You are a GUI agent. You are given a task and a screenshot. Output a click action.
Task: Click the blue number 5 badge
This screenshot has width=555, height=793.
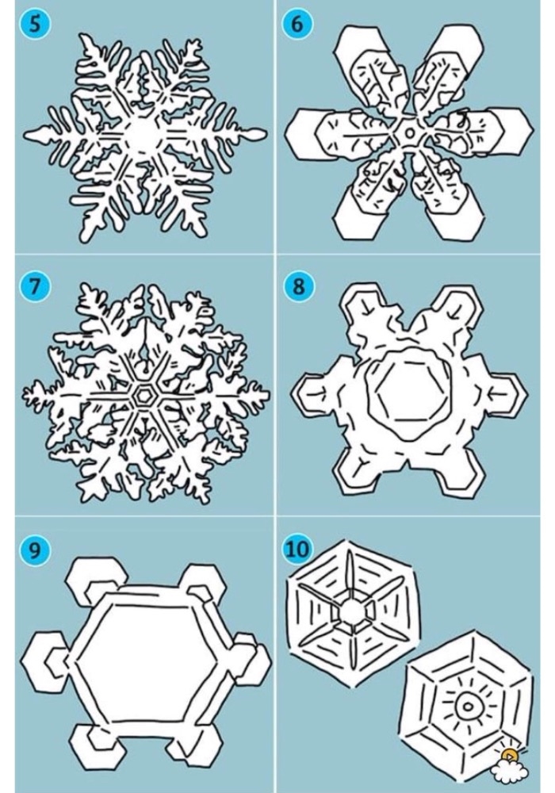[x=34, y=24]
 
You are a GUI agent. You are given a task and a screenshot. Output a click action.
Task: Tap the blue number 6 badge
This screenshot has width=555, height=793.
[x=298, y=24]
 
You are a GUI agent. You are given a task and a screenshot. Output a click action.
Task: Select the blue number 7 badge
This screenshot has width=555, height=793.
[x=34, y=286]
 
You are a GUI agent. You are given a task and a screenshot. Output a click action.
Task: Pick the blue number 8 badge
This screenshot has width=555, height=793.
[x=298, y=286]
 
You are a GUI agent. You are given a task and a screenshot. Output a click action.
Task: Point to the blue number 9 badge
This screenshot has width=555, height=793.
[x=34, y=550]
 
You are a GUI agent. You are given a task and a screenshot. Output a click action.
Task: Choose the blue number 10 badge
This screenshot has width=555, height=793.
[x=298, y=550]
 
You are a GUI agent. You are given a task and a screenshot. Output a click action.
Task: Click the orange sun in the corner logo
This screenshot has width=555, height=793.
[x=510, y=756]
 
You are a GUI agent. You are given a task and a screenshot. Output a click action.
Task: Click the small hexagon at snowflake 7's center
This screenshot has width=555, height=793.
[x=144, y=395]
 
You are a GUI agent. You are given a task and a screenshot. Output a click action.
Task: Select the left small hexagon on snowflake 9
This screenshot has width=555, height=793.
[x=44, y=662]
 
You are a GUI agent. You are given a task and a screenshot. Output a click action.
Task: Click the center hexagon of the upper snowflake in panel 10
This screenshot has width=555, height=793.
[x=351, y=612]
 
